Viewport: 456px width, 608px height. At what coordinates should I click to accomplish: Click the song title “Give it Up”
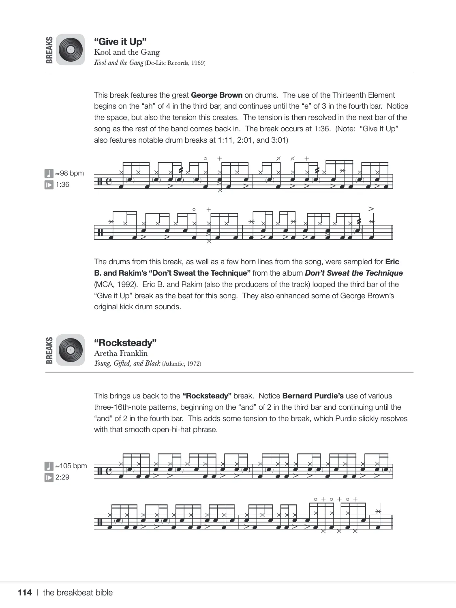[x=120, y=41]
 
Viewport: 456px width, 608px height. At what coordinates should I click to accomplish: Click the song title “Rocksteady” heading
[x=125, y=343]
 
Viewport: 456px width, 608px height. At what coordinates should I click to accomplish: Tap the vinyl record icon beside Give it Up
[x=71, y=49]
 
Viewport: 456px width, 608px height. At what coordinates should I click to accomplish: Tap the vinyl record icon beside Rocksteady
[x=71, y=350]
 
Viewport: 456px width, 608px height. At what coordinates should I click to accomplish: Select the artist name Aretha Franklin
[x=121, y=353]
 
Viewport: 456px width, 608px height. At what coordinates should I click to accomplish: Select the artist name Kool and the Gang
[x=127, y=52]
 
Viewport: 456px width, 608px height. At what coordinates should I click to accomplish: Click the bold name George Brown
[x=216, y=95]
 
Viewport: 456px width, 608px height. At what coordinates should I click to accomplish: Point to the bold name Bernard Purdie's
[x=313, y=396]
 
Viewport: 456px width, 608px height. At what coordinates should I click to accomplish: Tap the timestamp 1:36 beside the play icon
[x=62, y=185]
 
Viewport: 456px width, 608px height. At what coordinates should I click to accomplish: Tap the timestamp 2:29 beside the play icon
[x=62, y=477]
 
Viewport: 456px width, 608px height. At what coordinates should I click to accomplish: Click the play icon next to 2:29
[x=49, y=477]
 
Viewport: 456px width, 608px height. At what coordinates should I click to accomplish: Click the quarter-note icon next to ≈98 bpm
[x=49, y=173]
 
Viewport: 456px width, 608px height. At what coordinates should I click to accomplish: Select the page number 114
[x=25, y=593]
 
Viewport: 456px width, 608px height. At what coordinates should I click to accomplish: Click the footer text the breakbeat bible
[x=78, y=593]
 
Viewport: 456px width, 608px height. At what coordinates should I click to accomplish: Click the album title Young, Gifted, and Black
[x=127, y=364]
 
